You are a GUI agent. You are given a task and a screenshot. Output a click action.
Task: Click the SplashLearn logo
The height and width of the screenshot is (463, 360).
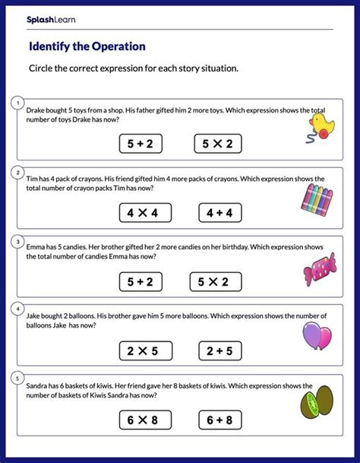pyautogui.click(x=54, y=17)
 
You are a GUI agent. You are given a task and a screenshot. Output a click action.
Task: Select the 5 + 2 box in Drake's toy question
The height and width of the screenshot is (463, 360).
pyautogui.click(x=141, y=143)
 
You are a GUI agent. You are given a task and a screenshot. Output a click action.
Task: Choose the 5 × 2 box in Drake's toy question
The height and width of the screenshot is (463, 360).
pyautogui.click(x=219, y=143)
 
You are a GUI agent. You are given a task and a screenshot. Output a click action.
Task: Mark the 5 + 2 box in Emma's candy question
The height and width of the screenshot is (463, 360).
pyautogui.click(x=141, y=282)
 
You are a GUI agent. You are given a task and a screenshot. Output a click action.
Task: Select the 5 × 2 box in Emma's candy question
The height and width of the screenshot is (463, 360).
pyautogui.click(x=219, y=282)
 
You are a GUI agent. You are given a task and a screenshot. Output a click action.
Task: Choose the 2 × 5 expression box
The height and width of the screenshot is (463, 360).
pyautogui.click(x=141, y=351)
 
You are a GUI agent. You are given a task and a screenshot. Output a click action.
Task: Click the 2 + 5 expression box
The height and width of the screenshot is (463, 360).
pyautogui.click(x=219, y=351)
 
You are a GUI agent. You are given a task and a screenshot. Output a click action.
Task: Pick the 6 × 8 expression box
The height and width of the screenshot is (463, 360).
pyautogui.click(x=141, y=420)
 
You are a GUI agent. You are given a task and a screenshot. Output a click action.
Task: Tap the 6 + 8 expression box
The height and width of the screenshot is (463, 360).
pyautogui.click(x=219, y=420)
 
